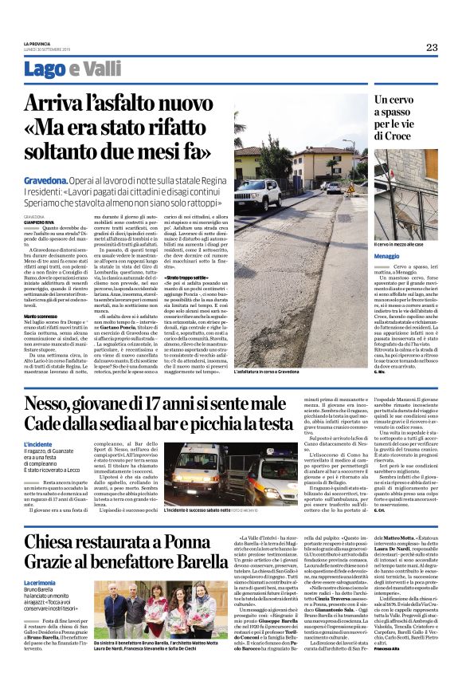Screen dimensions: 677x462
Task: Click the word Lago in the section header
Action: pos(67,69)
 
